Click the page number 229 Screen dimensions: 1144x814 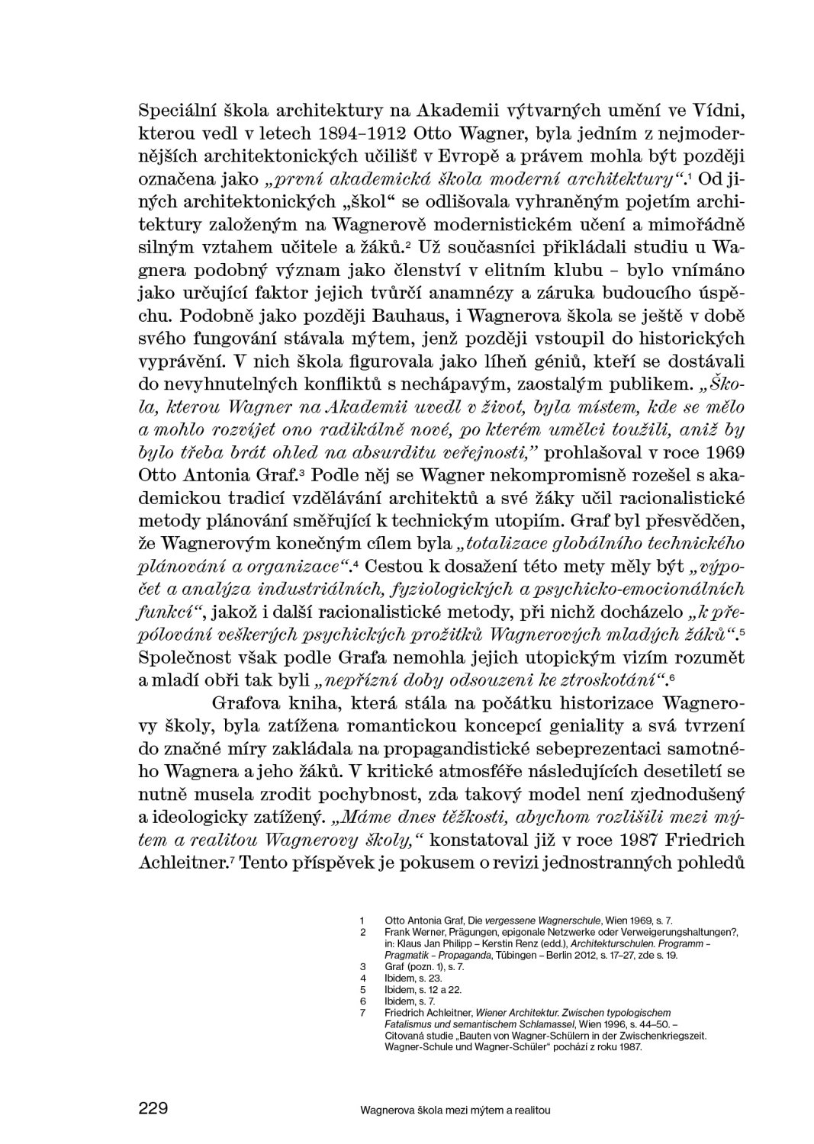coord(153,1107)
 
